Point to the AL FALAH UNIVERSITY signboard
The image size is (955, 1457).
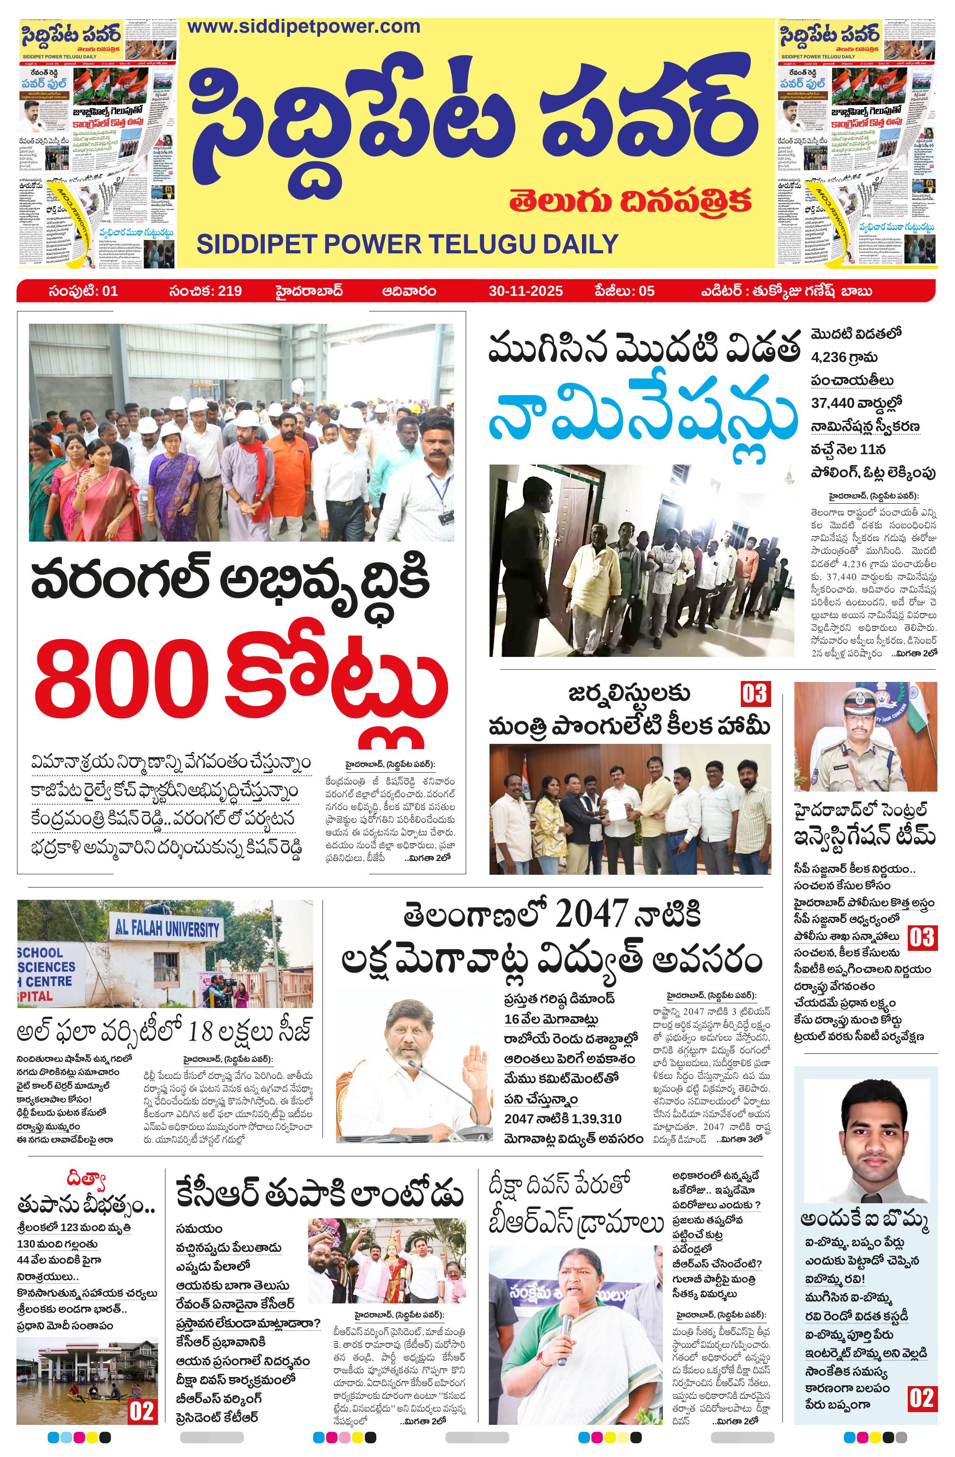(x=166, y=929)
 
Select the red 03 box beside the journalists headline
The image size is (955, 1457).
(x=754, y=694)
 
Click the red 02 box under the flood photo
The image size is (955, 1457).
(x=141, y=1411)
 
